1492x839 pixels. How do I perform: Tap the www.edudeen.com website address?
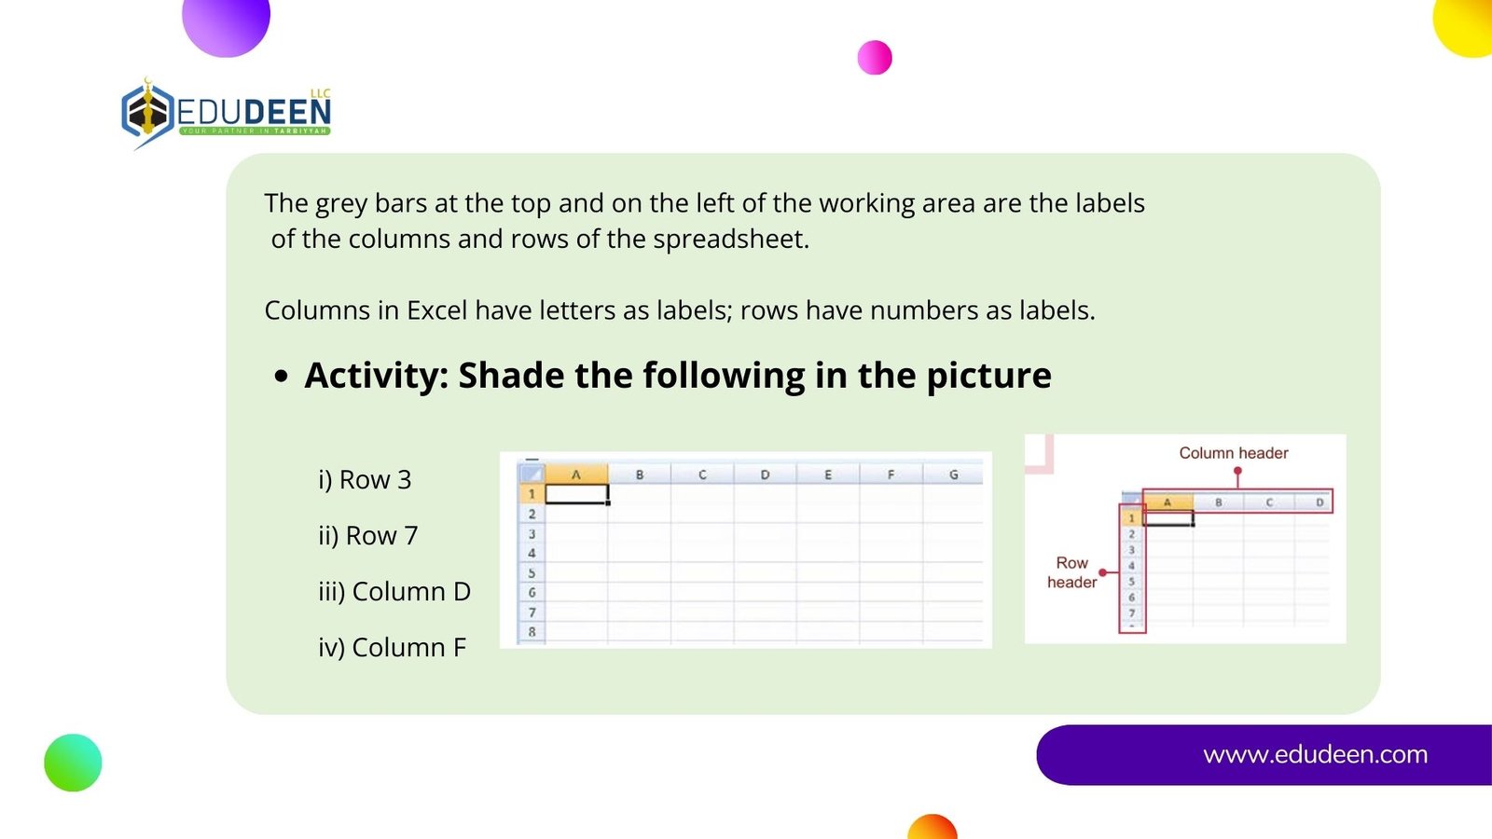(x=1315, y=754)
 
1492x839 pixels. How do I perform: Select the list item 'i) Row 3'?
(x=365, y=479)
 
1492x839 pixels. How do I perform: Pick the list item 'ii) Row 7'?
(x=367, y=535)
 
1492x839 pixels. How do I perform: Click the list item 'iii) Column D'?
(x=394, y=591)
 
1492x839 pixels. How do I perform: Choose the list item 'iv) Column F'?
(x=393, y=647)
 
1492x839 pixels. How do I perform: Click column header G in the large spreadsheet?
(x=953, y=475)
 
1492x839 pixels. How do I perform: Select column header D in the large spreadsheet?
(x=765, y=475)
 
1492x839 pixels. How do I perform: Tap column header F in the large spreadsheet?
(x=891, y=475)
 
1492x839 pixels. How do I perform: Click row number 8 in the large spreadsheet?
(x=532, y=631)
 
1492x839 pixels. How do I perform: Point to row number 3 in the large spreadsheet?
(x=532, y=533)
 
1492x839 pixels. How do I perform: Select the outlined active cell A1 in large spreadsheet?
(x=577, y=493)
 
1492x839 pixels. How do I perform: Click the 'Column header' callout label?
(x=1233, y=453)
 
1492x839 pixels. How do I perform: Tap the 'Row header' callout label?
(x=1071, y=572)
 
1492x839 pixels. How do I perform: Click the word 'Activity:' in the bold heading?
(x=377, y=375)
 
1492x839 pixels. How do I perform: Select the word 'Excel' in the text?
(x=437, y=310)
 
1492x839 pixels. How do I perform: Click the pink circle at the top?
(x=875, y=57)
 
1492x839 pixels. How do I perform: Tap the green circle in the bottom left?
(x=74, y=763)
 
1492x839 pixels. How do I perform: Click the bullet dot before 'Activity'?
(x=281, y=377)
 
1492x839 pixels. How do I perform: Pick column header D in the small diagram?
(x=1319, y=502)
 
